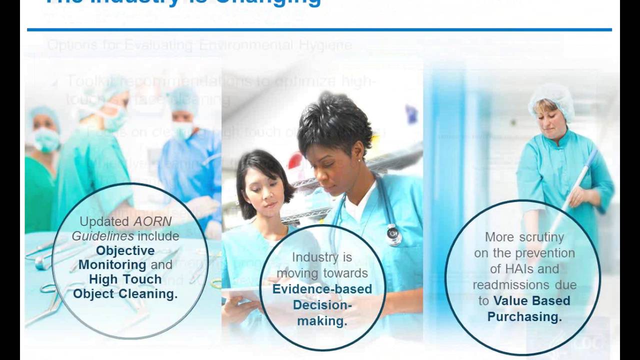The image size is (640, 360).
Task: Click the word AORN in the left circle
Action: pos(152,221)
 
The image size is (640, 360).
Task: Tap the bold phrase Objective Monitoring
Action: pos(125,257)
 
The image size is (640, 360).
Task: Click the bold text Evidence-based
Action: pos(322,289)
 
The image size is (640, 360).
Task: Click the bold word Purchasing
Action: pos(524,316)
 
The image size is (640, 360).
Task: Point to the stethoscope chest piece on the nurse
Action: pos(393,233)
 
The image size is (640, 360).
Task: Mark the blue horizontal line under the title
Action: pos(319,30)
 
